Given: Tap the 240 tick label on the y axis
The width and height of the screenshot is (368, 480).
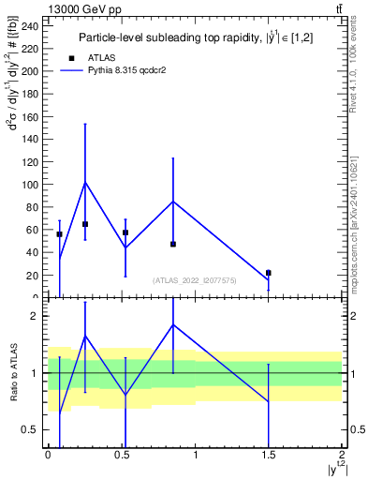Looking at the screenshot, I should pos(31,26).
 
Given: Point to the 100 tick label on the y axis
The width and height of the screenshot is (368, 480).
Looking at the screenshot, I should pos(31,185).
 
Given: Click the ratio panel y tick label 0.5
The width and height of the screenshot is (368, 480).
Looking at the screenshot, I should pos(33,430).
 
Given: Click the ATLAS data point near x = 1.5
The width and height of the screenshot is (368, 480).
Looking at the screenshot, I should pos(269,273).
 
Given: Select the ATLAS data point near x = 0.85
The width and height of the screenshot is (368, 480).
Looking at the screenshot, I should pos(173,244).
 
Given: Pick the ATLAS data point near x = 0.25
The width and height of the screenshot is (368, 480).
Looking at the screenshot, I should pos(85,224).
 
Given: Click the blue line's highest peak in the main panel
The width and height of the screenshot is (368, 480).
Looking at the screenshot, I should pos(85,182).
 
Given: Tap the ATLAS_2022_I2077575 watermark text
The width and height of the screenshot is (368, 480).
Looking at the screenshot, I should pos(194,279).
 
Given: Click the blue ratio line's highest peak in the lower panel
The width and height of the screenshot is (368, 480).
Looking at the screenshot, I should pos(173,324).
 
